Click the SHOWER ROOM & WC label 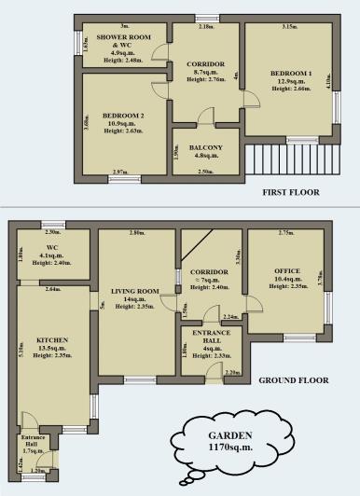119,41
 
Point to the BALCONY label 205,148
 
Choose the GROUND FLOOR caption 293,380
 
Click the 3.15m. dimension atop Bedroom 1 289,27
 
